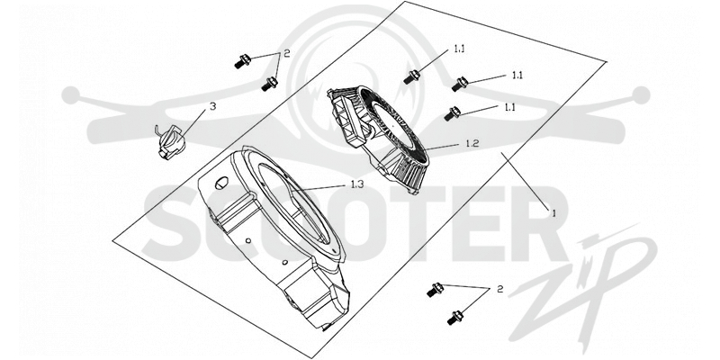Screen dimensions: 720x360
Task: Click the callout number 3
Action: tap(212, 106)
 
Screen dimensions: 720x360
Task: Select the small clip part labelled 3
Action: tap(171, 141)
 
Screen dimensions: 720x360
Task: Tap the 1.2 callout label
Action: tap(472, 143)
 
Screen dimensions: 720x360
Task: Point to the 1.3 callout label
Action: tap(357, 184)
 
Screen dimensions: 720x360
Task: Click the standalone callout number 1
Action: tap(553, 213)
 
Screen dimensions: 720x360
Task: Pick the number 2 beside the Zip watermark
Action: tap(500, 289)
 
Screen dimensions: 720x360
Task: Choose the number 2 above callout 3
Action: tap(286, 53)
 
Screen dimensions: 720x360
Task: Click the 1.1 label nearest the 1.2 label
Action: tap(509, 107)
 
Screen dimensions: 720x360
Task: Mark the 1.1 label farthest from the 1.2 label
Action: tap(459, 49)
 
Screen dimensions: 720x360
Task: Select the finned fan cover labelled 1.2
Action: tap(379, 138)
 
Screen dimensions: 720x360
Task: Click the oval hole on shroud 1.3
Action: tap(221, 182)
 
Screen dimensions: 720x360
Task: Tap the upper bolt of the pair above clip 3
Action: tap(242, 61)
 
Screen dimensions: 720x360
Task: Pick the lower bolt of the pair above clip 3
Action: tap(269, 84)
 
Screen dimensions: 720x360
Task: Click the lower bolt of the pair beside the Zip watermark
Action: tap(455, 318)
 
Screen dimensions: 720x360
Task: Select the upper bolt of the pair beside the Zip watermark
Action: tap(435, 289)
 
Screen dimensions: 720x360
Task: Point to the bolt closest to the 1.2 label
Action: tap(453, 113)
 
